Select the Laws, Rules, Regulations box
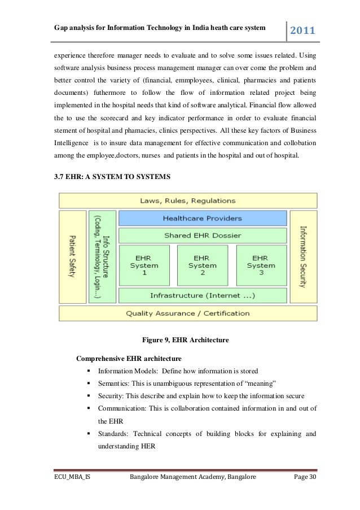188,200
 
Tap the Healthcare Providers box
202,218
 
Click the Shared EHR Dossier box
202,235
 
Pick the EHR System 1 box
144,265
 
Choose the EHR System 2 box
203,265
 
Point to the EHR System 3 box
260,265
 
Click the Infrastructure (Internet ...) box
202,295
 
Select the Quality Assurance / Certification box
188,313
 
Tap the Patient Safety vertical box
72,256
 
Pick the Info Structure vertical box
102,256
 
